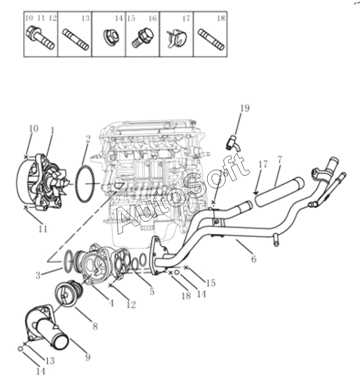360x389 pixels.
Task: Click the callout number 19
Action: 245,108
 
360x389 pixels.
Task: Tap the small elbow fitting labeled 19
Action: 233,143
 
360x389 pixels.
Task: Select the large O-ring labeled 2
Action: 85,183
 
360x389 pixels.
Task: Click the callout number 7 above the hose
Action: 279,159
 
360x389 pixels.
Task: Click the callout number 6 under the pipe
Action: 253,259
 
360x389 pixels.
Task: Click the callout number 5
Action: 152,291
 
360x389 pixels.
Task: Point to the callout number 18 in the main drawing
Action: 186,295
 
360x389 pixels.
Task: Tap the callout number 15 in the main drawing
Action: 210,283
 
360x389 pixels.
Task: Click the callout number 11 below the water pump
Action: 43,229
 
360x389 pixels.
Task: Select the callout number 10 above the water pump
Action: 33,128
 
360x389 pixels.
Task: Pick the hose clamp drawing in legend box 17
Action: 177,38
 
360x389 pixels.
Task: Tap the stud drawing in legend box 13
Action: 76,40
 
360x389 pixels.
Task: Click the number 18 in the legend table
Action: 221,18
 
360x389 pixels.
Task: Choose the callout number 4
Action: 111,303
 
